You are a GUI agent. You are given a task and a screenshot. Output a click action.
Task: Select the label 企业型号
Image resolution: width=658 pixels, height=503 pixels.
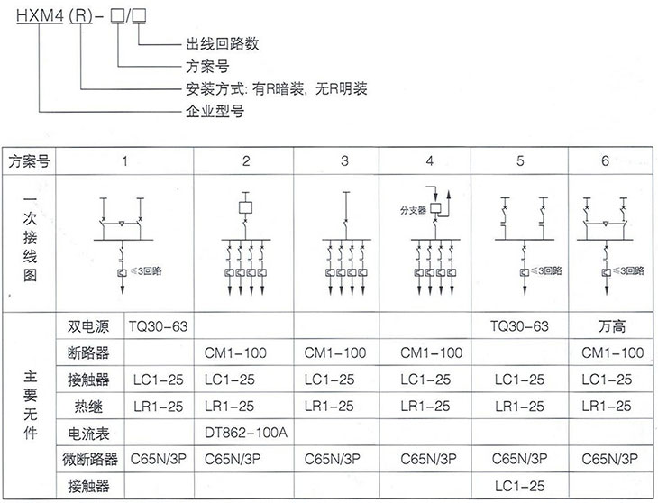[x=215, y=112]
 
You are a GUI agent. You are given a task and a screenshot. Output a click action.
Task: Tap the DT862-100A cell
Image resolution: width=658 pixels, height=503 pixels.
[x=246, y=432]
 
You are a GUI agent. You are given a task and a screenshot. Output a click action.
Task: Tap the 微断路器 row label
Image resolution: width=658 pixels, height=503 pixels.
[x=93, y=459]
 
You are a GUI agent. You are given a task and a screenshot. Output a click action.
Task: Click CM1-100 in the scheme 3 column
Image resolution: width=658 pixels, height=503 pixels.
[x=336, y=352]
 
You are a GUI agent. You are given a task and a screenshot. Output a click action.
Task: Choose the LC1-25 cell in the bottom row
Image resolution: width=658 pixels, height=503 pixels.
[x=520, y=486]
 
